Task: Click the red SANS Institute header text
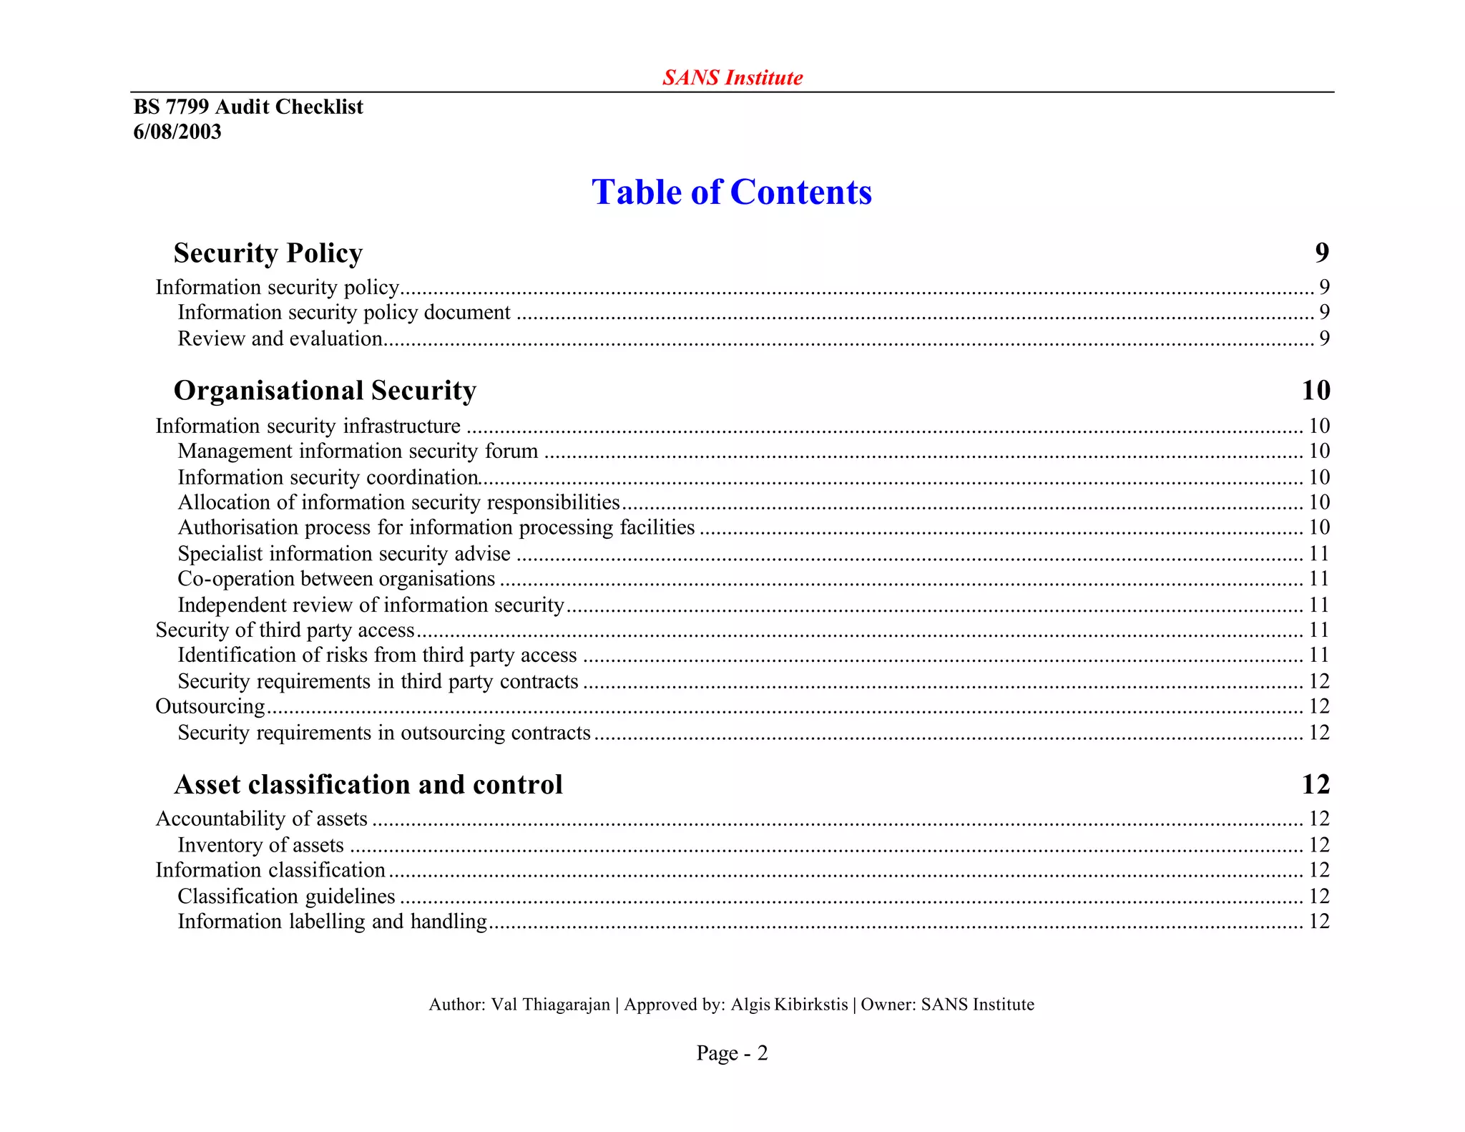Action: (x=732, y=77)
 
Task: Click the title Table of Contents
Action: (x=732, y=192)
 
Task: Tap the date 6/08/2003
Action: (x=177, y=132)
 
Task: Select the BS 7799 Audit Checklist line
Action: (x=248, y=107)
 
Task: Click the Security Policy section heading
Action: (x=268, y=253)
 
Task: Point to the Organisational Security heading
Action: (x=325, y=390)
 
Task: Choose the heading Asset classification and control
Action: (x=368, y=784)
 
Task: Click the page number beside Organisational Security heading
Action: (x=1315, y=390)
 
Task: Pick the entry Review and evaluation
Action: (x=280, y=338)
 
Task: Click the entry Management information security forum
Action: (x=358, y=451)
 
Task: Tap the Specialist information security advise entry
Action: (x=344, y=553)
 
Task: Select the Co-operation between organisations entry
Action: (x=336, y=578)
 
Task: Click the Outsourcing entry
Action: (x=210, y=706)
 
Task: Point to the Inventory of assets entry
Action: (x=260, y=845)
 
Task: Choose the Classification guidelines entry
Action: (x=286, y=896)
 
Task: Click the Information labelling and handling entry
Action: (x=332, y=921)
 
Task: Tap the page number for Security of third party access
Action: (x=1318, y=630)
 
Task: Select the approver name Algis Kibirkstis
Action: (x=789, y=1005)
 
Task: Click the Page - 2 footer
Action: (x=732, y=1053)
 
